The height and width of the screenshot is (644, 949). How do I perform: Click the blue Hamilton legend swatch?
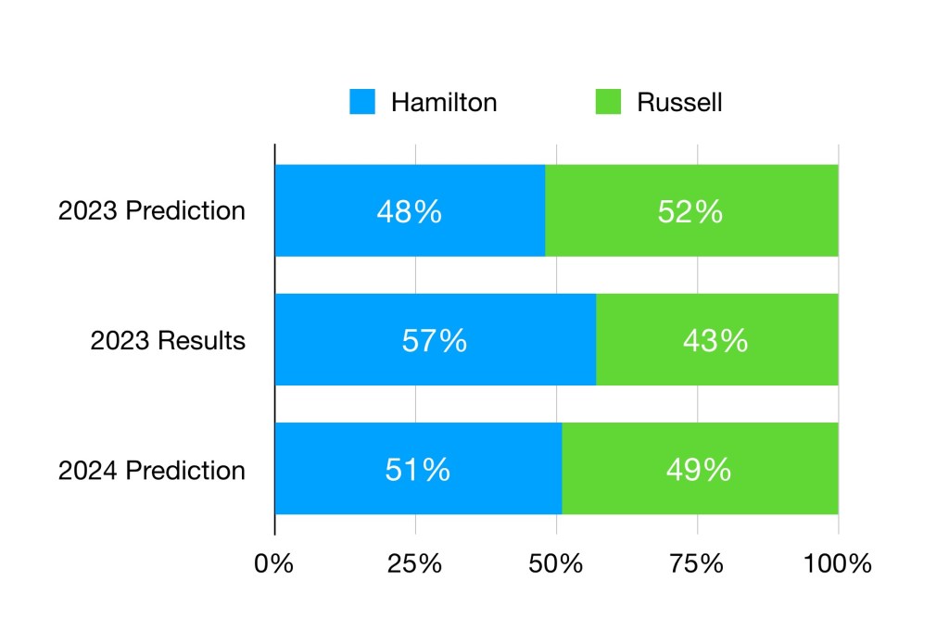(x=362, y=102)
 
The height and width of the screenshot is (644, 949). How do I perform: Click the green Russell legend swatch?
(x=608, y=102)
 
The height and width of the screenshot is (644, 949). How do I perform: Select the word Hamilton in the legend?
(x=444, y=102)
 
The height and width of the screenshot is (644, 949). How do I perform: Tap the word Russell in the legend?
(x=679, y=102)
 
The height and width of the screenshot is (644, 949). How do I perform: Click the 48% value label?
(x=409, y=212)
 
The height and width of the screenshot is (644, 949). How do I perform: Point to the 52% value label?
(x=690, y=212)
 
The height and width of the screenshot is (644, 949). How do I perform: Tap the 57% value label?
(x=435, y=341)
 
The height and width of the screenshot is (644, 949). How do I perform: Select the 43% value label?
(x=715, y=341)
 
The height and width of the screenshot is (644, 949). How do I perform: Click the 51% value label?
(x=418, y=470)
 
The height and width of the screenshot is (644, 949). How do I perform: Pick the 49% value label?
(x=699, y=470)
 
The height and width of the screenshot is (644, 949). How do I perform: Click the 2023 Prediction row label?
(x=152, y=211)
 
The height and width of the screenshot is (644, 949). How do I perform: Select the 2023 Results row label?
(x=168, y=341)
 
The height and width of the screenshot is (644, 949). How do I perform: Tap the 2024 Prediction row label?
(x=152, y=470)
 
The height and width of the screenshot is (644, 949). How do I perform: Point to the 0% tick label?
(x=274, y=563)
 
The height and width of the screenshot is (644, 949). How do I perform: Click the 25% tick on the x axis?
(x=415, y=563)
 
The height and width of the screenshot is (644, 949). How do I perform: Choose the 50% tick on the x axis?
(x=556, y=563)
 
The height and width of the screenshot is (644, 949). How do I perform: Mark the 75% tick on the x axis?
(x=697, y=563)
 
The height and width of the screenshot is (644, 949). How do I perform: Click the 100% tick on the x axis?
(x=838, y=563)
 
